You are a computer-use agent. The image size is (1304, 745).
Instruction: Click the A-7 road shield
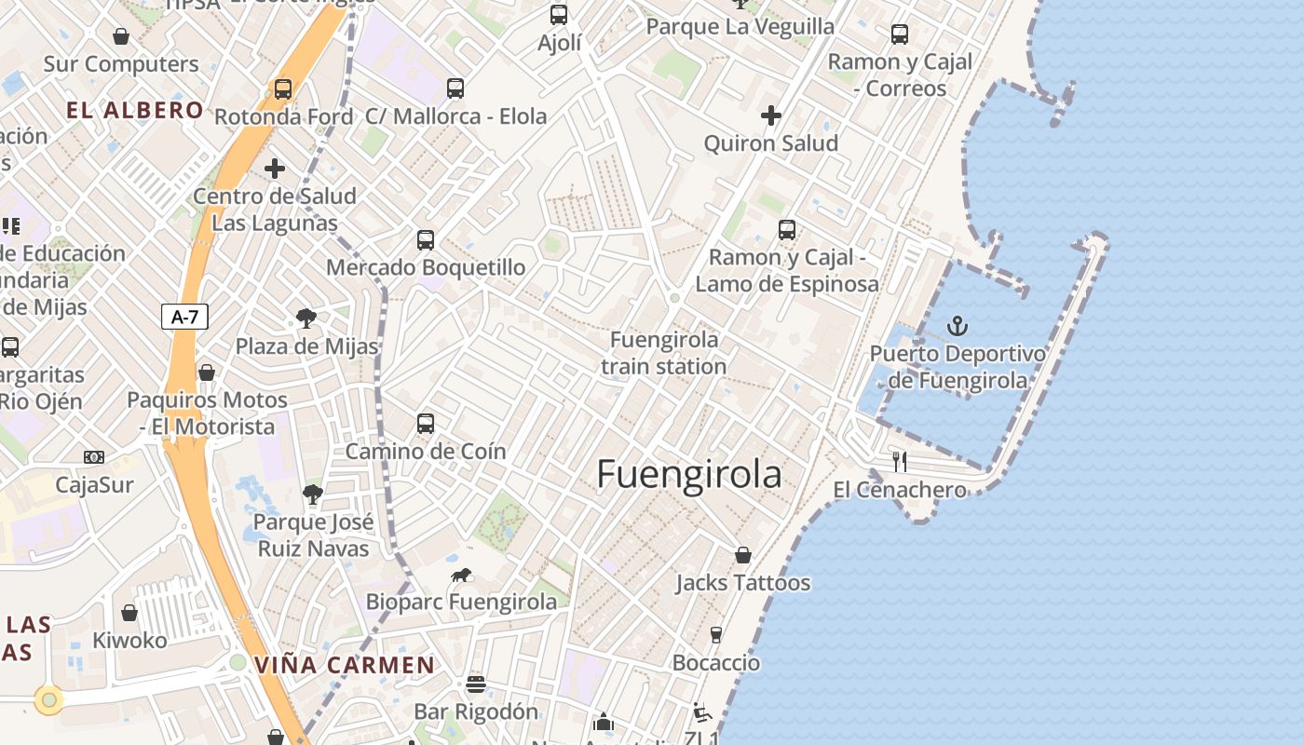pos(184,317)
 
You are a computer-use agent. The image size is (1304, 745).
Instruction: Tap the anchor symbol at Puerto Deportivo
pos(957,326)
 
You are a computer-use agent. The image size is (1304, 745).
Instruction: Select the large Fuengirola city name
pos(689,474)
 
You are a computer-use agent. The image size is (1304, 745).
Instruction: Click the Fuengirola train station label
pos(663,353)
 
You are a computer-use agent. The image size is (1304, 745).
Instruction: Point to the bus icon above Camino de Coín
pos(426,424)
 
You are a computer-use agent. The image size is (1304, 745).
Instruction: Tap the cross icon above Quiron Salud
pos(770,115)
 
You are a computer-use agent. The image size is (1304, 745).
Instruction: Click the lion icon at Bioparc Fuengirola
pos(461,576)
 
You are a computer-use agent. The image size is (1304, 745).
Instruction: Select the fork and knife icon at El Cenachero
pos(900,461)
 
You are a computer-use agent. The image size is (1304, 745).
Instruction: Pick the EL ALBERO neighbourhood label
pos(135,110)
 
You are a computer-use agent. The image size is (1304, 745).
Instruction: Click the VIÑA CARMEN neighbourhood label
pos(345,665)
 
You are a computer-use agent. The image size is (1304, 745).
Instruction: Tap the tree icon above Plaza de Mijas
pos(306,318)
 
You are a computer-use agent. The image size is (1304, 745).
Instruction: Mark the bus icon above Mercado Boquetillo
pos(426,239)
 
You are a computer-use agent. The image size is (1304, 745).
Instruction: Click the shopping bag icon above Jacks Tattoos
pos(742,555)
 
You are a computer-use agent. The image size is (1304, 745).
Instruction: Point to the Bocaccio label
pos(716,663)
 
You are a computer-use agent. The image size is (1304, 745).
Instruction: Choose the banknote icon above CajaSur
pos(94,456)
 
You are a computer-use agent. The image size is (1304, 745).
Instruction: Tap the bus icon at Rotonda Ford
pos(282,89)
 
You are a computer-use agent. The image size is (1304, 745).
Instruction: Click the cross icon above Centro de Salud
pos(274,169)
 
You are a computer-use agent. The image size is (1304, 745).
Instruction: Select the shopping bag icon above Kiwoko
pos(129,613)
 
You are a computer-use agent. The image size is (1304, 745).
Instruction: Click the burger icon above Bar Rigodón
pos(476,684)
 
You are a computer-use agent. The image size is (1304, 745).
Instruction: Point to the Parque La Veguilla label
pos(740,26)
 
